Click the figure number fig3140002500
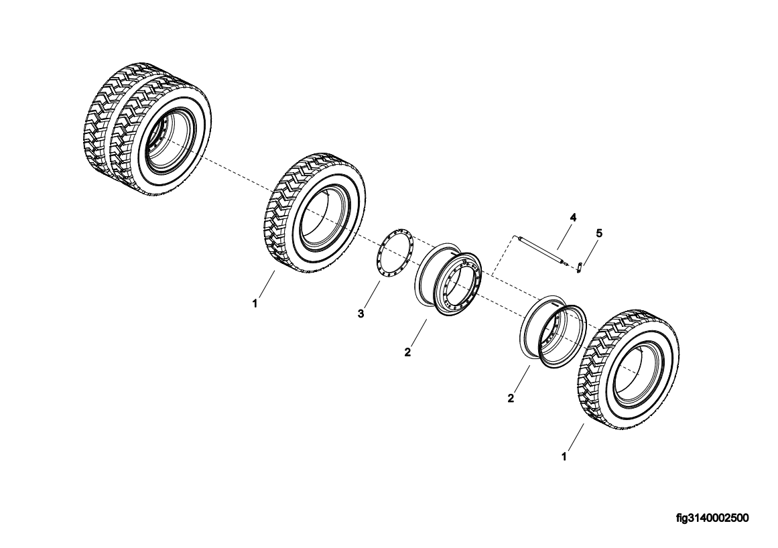pos(712,518)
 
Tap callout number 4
pos(573,218)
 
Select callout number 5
pos(599,233)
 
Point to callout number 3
pos(361,314)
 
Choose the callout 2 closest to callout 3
pos(407,352)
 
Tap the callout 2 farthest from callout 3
pos(511,398)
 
